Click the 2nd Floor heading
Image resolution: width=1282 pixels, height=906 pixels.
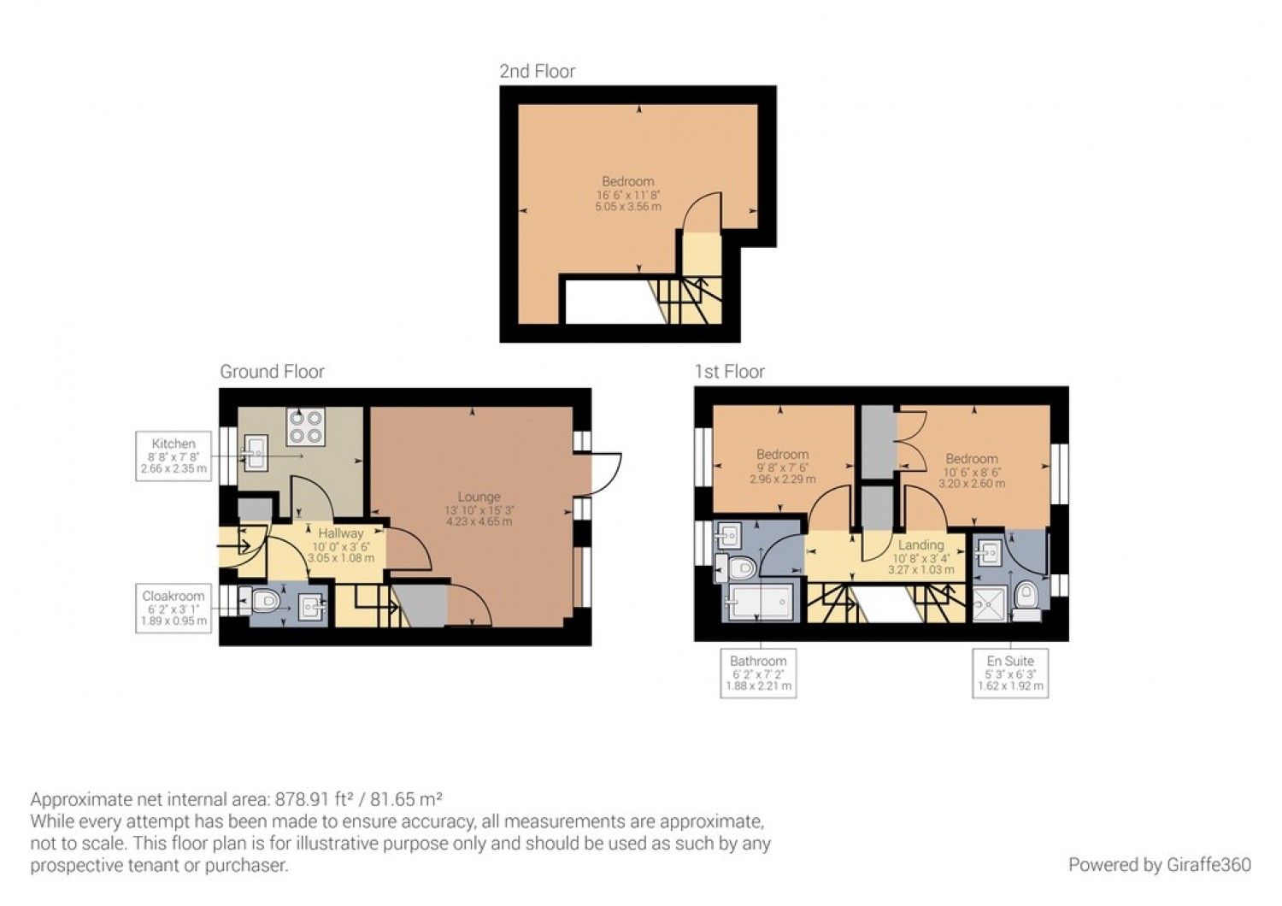click(x=537, y=72)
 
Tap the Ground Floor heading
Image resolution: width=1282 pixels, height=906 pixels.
click(x=272, y=372)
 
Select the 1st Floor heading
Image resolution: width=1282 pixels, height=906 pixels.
click(x=729, y=372)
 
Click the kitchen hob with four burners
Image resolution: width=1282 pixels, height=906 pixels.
click(x=305, y=427)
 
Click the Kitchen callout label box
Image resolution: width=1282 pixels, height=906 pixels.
click(x=173, y=456)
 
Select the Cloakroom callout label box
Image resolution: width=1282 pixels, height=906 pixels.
click(x=173, y=609)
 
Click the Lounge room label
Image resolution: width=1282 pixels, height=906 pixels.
click(x=479, y=509)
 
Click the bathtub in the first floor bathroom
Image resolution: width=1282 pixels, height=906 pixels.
click(x=760, y=603)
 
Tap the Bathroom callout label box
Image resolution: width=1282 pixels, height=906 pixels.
click(x=758, y=674)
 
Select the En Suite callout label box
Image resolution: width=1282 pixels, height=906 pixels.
click(x=1010, y=674)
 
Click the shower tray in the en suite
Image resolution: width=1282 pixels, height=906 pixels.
click(x=990, y=604)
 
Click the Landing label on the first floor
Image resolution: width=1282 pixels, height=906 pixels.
click(x=920, y=556)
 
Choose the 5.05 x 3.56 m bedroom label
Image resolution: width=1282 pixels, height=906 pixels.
click(x=628, y=194)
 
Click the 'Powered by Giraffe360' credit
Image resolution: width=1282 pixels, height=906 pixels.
click(x=1159, y=865)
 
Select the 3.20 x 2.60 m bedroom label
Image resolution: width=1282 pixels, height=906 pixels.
click(x=972, y=471)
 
